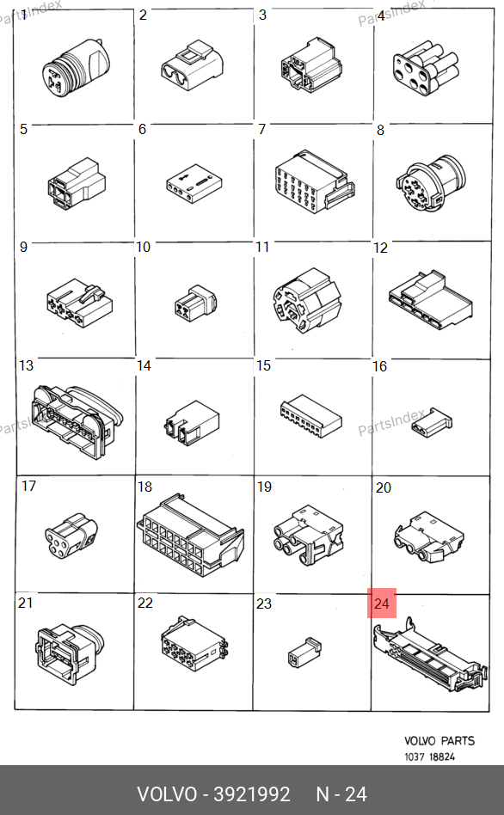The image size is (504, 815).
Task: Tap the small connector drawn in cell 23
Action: (x=304, y=652)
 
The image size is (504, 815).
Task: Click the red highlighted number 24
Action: (x=382, y=604)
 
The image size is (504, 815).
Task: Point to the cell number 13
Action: (x=26, y=365)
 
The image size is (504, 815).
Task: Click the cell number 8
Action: (x=380, y=130)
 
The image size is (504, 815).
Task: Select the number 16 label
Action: (x=379, y=366)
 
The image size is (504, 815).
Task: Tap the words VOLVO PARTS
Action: (x=439, y=741)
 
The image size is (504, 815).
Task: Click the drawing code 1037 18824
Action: (x=430, y=757)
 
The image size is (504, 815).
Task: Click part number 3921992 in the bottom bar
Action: (x=252, y=794)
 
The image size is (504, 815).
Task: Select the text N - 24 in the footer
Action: (x=341, y=794)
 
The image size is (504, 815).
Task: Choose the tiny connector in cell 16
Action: (x=431, y=421)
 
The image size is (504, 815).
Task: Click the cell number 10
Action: (x=143, y=247)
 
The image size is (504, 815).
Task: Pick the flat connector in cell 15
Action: (x=311, y=417)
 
